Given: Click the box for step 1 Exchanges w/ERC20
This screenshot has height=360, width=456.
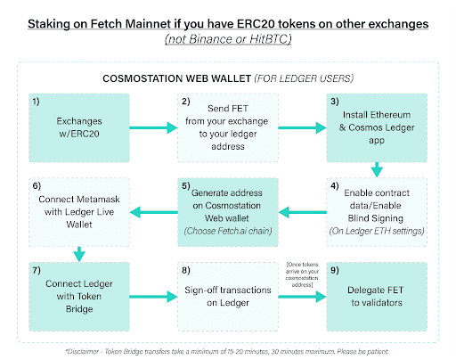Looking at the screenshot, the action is (79, 127).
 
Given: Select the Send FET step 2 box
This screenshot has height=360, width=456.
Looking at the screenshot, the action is (228, 127).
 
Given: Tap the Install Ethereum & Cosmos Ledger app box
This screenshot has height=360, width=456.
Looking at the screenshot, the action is (377, 127).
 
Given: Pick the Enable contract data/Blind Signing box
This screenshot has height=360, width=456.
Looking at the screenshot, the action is (377, 212).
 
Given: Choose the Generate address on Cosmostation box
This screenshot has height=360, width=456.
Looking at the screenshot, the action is (228, 212).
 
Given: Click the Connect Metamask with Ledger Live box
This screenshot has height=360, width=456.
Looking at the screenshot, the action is (79, 212).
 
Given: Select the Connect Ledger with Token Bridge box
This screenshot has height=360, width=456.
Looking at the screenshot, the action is (79, 297).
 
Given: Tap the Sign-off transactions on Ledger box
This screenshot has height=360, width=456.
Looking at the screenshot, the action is (228, 297).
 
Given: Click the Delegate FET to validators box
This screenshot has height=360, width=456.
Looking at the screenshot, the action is (377, 297).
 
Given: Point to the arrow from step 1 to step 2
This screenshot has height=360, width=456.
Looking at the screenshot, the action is (153, 127).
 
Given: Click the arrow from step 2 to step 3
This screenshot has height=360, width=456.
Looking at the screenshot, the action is (302, 127).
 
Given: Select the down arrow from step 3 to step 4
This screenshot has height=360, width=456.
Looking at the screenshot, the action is (377, 170).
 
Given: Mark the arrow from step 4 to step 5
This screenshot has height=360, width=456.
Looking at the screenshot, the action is (302, 212).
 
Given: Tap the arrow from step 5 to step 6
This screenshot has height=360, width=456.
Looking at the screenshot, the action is (153, 212).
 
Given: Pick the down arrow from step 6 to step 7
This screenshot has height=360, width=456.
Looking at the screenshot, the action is (79, 254).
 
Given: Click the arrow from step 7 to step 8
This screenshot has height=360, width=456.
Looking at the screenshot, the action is (153, 297).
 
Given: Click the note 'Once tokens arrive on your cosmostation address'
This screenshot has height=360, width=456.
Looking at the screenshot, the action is (302, 274).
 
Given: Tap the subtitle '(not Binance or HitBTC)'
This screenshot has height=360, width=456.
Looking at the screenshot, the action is (228, 39).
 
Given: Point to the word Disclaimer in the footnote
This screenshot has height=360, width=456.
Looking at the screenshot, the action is (82, 352).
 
